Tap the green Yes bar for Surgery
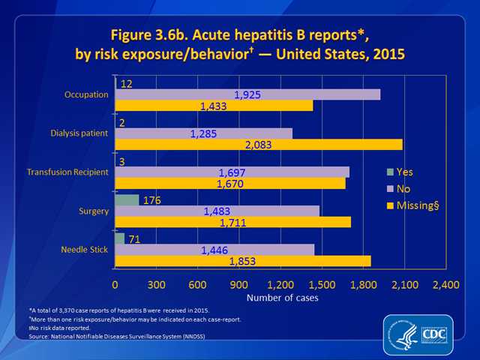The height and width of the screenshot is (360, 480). point(127,200)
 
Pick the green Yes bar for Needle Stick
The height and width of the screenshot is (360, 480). point(120,238)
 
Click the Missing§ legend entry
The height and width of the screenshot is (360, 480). point(413,205)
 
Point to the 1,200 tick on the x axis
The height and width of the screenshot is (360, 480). point(280,285)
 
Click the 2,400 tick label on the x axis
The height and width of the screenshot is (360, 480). point(445,285)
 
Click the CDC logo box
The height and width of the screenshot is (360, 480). point(435,334)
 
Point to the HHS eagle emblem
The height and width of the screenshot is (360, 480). point(403,334)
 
